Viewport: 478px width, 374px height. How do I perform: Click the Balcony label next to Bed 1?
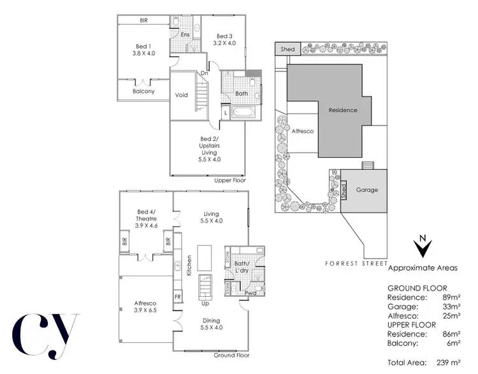click(143, 91)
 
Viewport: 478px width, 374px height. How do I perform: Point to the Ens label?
click(186, 34)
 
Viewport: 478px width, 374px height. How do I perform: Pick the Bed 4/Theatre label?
click(148, 217)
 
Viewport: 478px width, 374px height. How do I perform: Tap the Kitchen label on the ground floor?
click(189, 265)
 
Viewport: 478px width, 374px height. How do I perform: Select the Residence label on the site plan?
click(343, 110)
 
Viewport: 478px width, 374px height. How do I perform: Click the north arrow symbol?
click(422, 248)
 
